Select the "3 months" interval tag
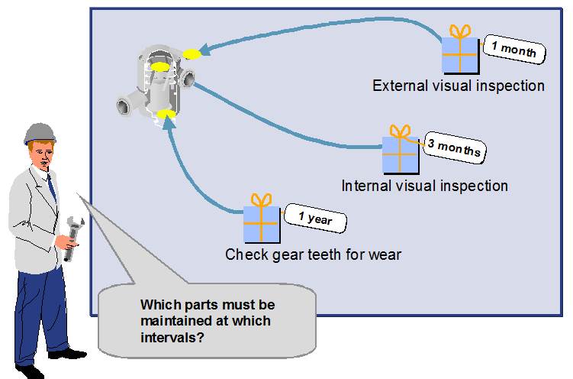pos(455,147)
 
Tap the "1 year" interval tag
pos(314,219)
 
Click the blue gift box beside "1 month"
pos(460,55)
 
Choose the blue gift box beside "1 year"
pos(262,224)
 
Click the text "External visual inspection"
pos(458,86)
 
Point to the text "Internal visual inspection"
pos(424,186)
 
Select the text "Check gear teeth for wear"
pos(313,254)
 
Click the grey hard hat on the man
pos(39,133)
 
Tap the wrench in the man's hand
pos(72,237)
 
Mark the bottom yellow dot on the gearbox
pos(166,115)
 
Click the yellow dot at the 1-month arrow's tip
pos(191,53)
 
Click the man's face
pos(43,157)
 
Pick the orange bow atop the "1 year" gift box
pos(262,199)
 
